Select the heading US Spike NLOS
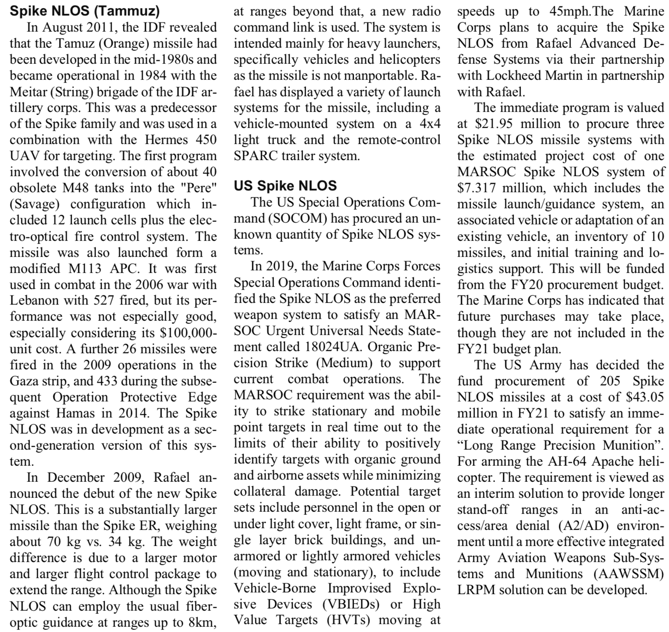pos(285,186)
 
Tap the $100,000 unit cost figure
pos(187,333)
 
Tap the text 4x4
pos(430,124)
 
